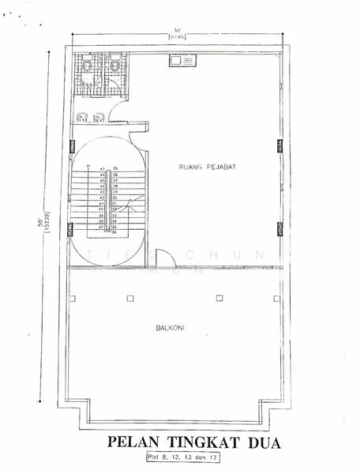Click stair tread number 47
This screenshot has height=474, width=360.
pos(102,169)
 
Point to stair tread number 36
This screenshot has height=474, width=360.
pos(115,232)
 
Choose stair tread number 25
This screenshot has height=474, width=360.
pos(115,169)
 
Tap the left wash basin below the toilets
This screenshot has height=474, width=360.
pos(82,118)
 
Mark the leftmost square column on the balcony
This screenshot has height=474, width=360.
pos(73,298)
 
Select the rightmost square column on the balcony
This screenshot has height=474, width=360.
pos(276,298)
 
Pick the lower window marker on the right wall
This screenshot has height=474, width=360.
pos(280,228)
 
